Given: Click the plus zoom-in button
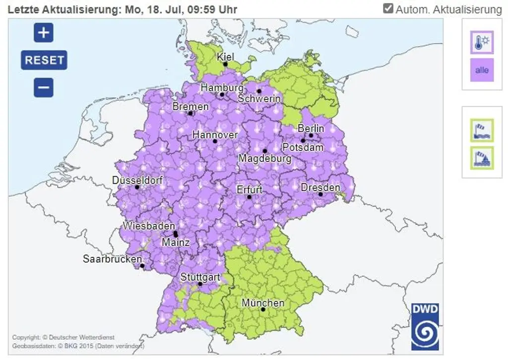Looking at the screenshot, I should click(44, 33).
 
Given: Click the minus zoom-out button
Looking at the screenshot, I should click(44, 88).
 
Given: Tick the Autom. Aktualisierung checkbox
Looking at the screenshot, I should click(388, 8).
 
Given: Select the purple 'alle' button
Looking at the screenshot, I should click(482, 70).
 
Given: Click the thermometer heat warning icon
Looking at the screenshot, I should click(482, 42).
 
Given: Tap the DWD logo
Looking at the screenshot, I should click(425, 327).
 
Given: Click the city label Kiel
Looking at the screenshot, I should click(225, 57).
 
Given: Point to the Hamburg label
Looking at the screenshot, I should click(222, 87).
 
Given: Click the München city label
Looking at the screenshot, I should click(263, 302).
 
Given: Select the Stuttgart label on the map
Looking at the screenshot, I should click(200, 277).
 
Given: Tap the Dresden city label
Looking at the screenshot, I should click(320, 187).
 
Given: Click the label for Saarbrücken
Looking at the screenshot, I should click(112, 259).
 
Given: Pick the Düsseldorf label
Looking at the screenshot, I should click(137, 180).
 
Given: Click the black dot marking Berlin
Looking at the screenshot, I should click(311, 135).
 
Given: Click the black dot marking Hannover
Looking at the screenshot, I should click(215, 141).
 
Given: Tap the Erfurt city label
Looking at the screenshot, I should click(250, 190).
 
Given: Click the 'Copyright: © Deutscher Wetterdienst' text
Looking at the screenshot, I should click(63, 338).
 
